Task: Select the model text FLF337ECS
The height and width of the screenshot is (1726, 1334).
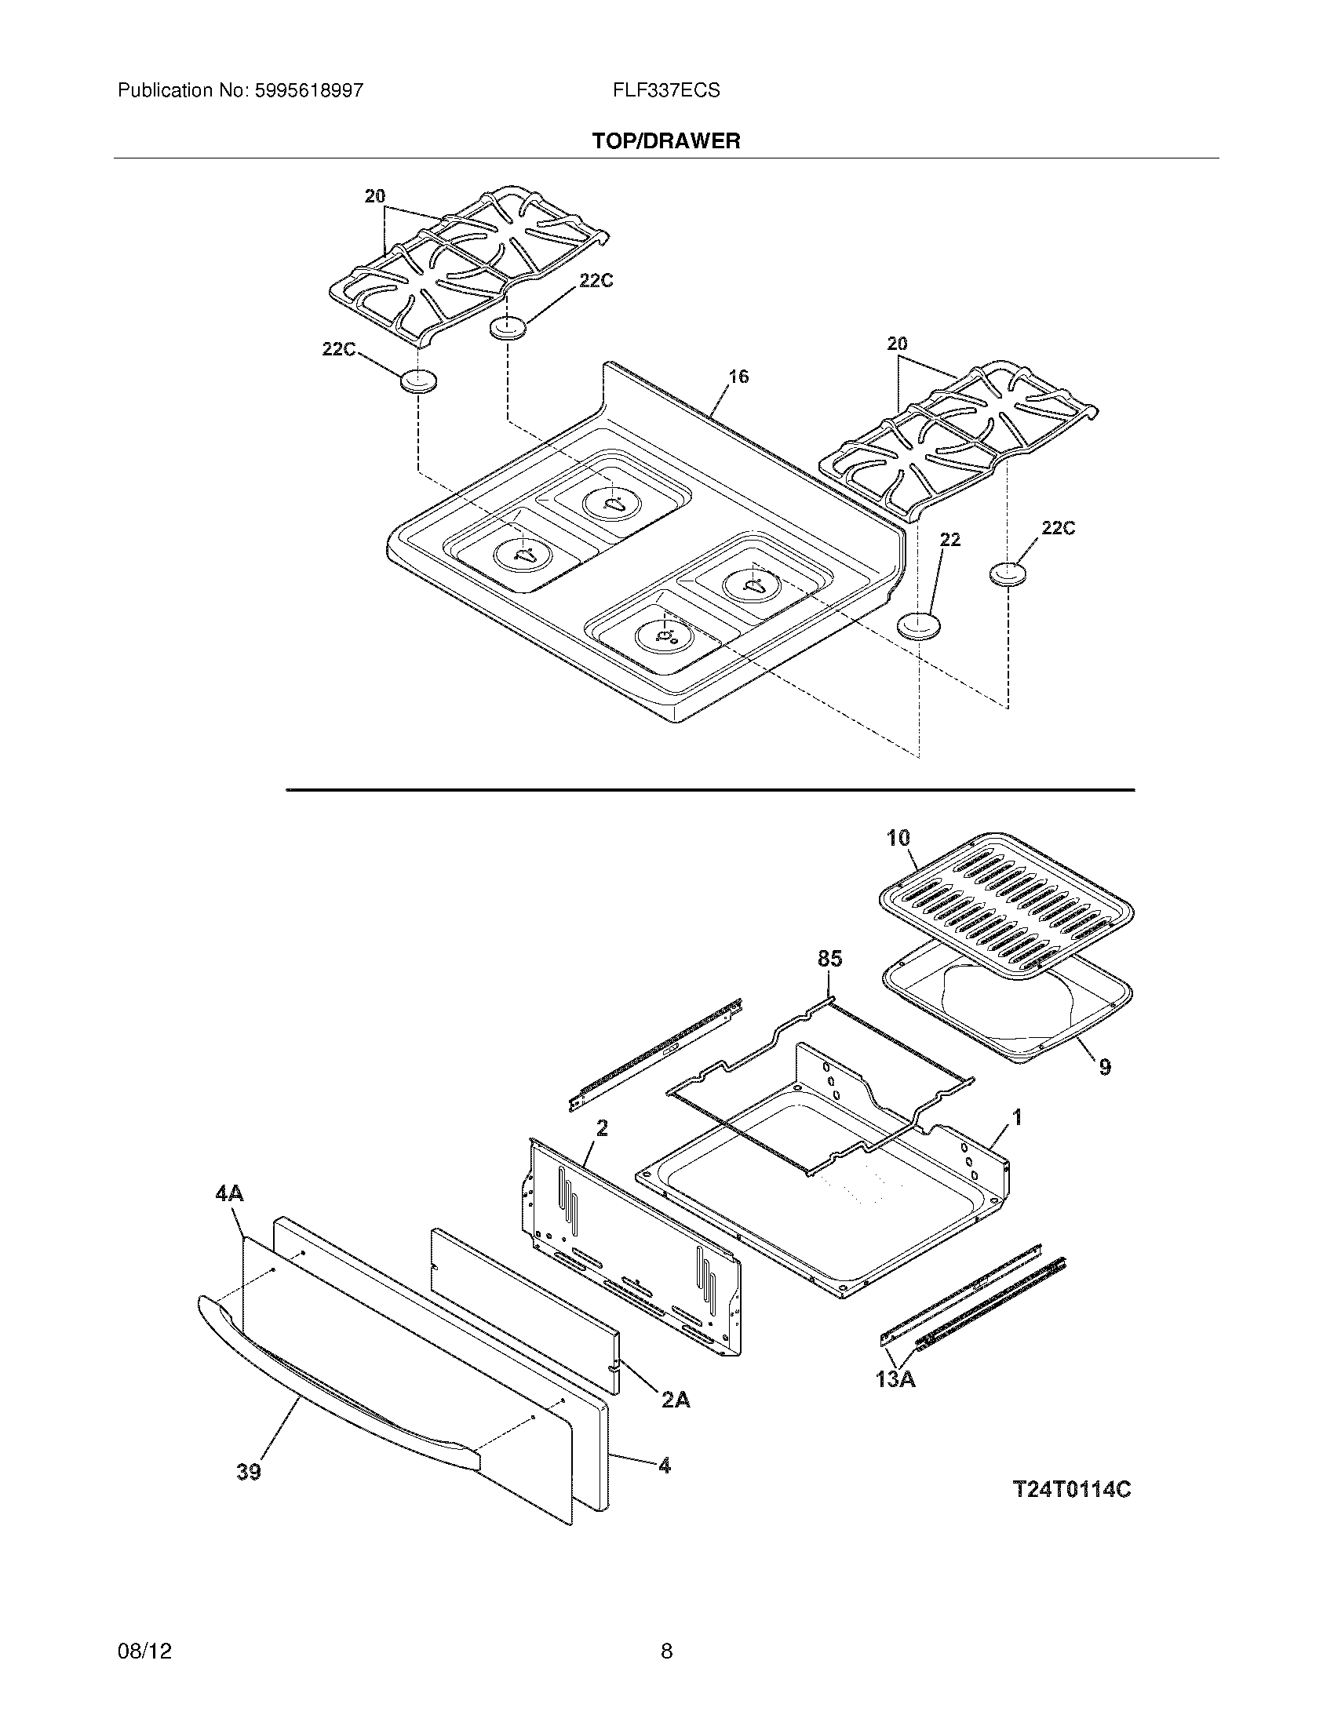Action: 665,91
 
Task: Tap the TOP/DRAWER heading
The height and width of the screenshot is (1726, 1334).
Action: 666,141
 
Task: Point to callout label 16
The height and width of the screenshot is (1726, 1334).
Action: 738,377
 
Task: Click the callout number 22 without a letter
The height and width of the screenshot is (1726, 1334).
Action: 950,540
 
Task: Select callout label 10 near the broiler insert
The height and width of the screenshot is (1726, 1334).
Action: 898,838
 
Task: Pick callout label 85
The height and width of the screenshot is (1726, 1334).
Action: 829,959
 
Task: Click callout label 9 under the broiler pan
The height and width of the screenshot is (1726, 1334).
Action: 1105,1067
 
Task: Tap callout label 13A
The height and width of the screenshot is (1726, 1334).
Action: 895,1380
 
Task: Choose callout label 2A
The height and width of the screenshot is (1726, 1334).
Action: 676,1400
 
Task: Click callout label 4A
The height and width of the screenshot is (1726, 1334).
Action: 229,1193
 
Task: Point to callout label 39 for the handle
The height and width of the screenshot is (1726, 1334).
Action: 249,1472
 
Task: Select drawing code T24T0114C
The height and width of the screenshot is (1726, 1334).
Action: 1072,1490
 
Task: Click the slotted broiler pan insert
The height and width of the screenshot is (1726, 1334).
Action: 1005,901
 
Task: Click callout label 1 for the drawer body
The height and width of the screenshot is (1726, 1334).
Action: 1017,1117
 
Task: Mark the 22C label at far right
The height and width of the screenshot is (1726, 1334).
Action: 1058,528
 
